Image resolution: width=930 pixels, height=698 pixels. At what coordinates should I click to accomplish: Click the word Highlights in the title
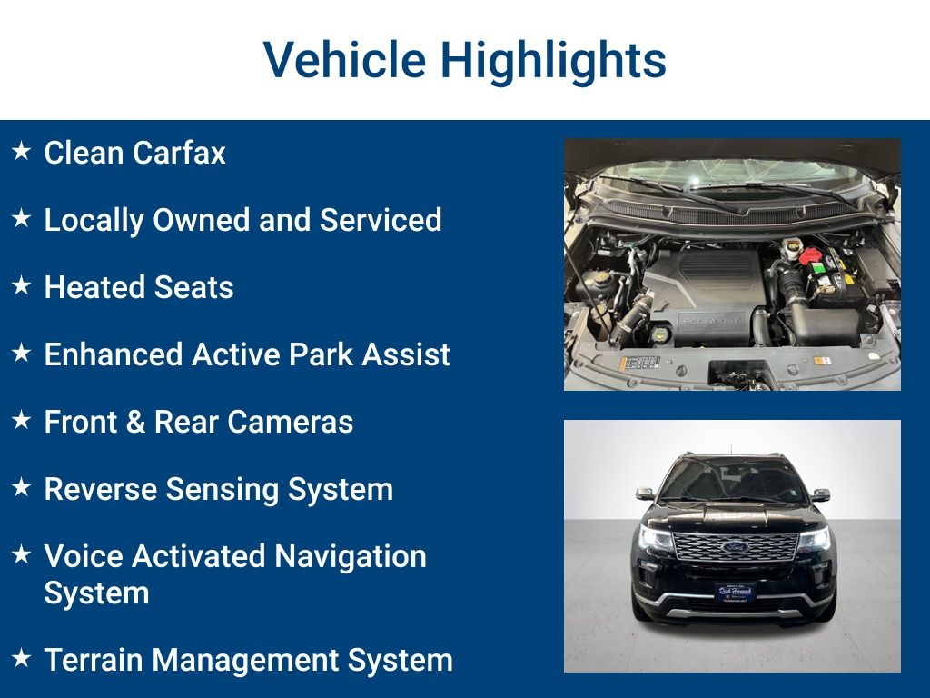[x=553, y=61]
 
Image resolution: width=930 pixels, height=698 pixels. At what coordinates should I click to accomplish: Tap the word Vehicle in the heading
[x=344, y=59]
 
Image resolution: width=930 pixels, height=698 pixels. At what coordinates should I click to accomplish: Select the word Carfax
[x=179, y=153]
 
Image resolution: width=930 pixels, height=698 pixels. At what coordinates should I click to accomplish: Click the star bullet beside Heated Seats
[x=22, y=285]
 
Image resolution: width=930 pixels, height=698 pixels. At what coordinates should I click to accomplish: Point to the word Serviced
[x=381, y=220]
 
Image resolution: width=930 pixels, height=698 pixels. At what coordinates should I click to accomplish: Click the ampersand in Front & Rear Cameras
[x=136, y=422]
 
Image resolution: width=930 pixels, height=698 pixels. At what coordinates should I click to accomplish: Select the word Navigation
[x=350, y=557]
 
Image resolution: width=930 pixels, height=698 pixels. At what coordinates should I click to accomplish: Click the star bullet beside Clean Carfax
[x=22, y=151]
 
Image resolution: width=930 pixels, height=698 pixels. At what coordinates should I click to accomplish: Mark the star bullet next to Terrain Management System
[x=22, y=658]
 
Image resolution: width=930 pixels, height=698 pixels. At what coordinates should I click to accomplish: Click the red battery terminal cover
[x=811, y=255]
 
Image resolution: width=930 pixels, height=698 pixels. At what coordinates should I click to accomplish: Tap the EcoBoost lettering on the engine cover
[x=710, y=321]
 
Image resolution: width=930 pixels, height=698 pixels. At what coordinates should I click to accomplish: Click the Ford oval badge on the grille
[x=736, y=546]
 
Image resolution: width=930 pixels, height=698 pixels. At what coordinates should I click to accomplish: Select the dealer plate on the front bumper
[x=735, y=592]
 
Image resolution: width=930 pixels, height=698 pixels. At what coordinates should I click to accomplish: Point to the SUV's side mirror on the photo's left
[x=646, y=494]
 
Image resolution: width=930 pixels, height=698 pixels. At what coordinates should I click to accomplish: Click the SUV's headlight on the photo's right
[x=815, y=540]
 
